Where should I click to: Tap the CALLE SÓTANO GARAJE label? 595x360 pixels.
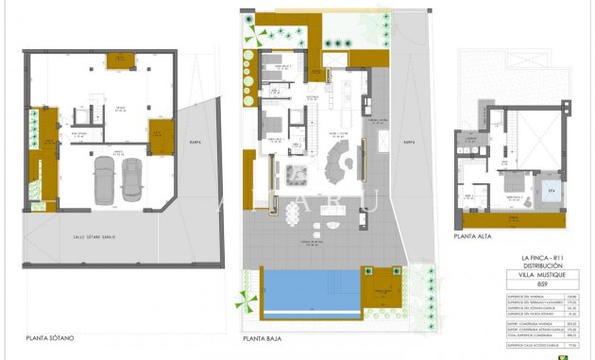[94, 236]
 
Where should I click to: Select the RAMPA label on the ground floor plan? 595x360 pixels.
[408, 143]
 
